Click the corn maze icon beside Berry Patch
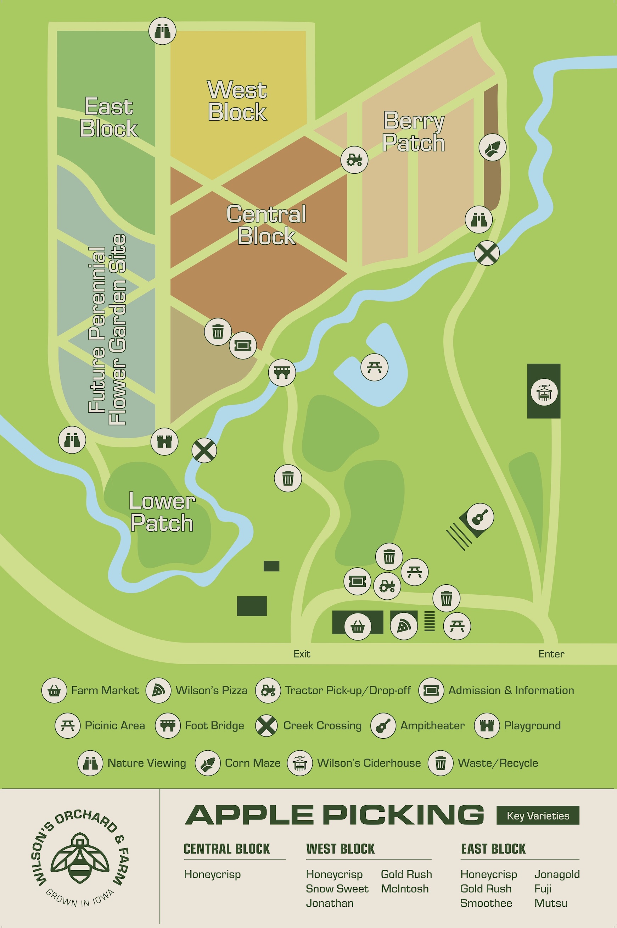[492, 147]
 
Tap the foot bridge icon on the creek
[282, 372]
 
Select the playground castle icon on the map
[164, 441]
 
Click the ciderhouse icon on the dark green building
[544, 392]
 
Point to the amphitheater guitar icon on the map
[479, 517]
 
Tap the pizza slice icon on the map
[404, 626]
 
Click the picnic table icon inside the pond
[374, 367]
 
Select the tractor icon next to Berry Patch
[354, 160]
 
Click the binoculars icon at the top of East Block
[162, 31]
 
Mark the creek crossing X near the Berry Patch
[487, 253]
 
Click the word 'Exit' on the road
[302, 654]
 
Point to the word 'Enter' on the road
[551, 654]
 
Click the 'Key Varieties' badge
[538, 815]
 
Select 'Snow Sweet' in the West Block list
[337, 889]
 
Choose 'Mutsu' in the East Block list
[550, 903]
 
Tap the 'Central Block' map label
[267, 225]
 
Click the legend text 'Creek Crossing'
[322, 726]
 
